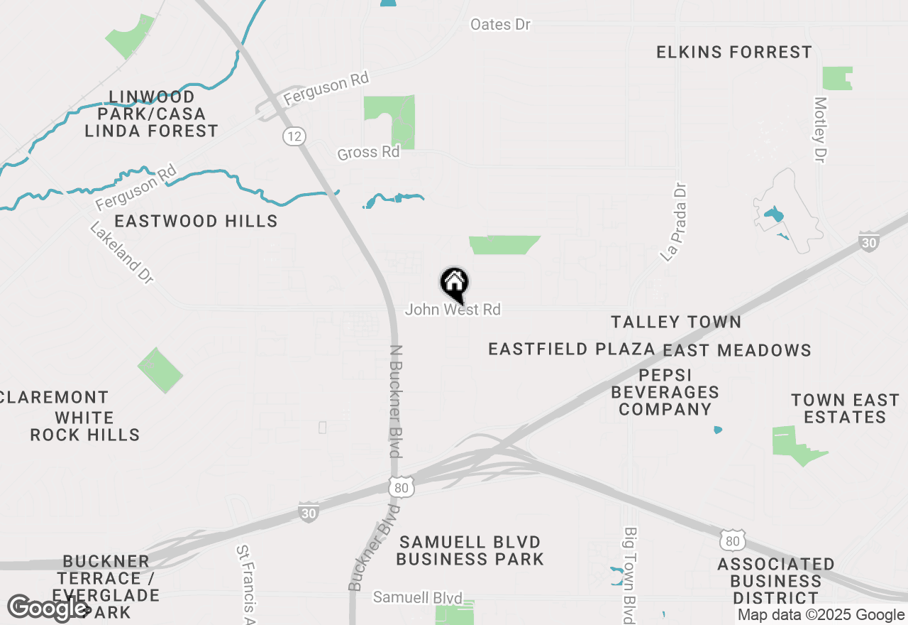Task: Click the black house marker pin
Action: pos(454,284)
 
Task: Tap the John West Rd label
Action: pos(453,310)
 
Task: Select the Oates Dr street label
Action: pos(500,25)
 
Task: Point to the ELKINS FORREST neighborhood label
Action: pos(734,53)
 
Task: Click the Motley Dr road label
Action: pos(821,129)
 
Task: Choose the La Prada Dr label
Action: pos(674,223)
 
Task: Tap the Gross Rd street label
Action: pos(368,153)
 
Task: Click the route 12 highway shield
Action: pos(294,136)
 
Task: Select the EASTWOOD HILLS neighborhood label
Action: pos(196,222)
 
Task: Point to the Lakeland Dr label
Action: pos(121,253)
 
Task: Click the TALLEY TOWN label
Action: pos(676,322)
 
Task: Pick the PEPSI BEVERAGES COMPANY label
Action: pos(665,392)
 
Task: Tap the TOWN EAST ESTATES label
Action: pos(845,408)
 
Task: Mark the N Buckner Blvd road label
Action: pos(397,401)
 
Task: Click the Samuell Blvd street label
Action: pos(417,598)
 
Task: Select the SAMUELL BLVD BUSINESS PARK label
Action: pos(470,551)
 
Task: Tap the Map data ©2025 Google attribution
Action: pos(821,616)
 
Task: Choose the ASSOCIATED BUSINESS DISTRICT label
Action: pos(775,582)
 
